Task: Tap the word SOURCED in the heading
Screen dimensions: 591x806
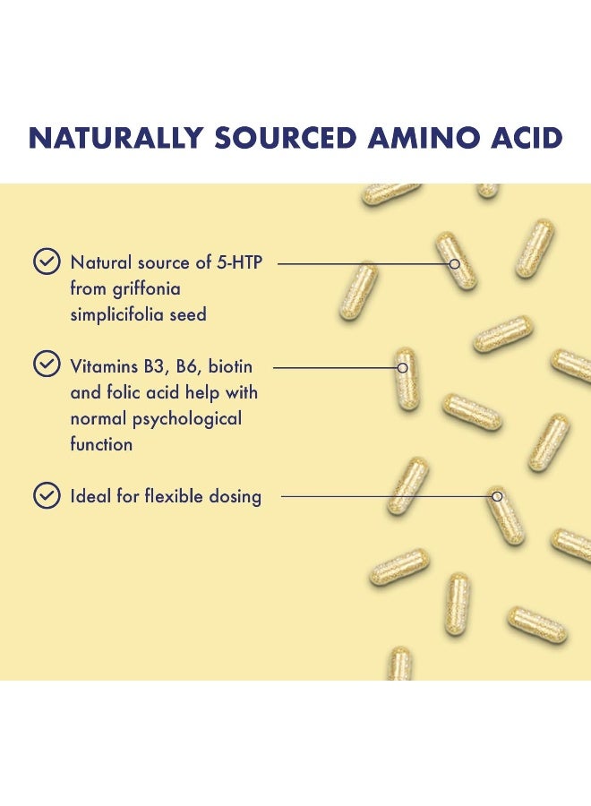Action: (x=286, y=138)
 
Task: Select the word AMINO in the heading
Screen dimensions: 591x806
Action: (x=424, y=138)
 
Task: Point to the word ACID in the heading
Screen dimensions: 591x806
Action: (x=527, y=138)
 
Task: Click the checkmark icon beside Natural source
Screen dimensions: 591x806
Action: (x=47, y=262)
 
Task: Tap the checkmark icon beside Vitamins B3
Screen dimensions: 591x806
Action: (x=47, y=364)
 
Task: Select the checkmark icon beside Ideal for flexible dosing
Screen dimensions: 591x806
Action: (x=47, y=495)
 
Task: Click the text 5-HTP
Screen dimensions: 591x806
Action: (x=239, y=262)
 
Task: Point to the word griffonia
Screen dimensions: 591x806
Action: (x=147, y=289)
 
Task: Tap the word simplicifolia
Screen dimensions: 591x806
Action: (x=116, y=314)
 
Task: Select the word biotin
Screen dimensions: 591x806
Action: (x=230, y=366)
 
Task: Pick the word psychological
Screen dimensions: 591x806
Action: (x=187, y=419)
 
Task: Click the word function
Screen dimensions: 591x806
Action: (x=101, y=444)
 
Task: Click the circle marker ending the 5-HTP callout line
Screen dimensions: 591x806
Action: (x=454, y=263)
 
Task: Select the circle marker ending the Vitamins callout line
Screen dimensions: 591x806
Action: (x=403, y=367)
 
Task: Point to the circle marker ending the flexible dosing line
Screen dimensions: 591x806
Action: (x=497, y=496)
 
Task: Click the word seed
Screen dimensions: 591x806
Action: (x=188, y=314)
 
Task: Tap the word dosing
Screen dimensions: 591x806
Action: (x=236, y=497)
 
